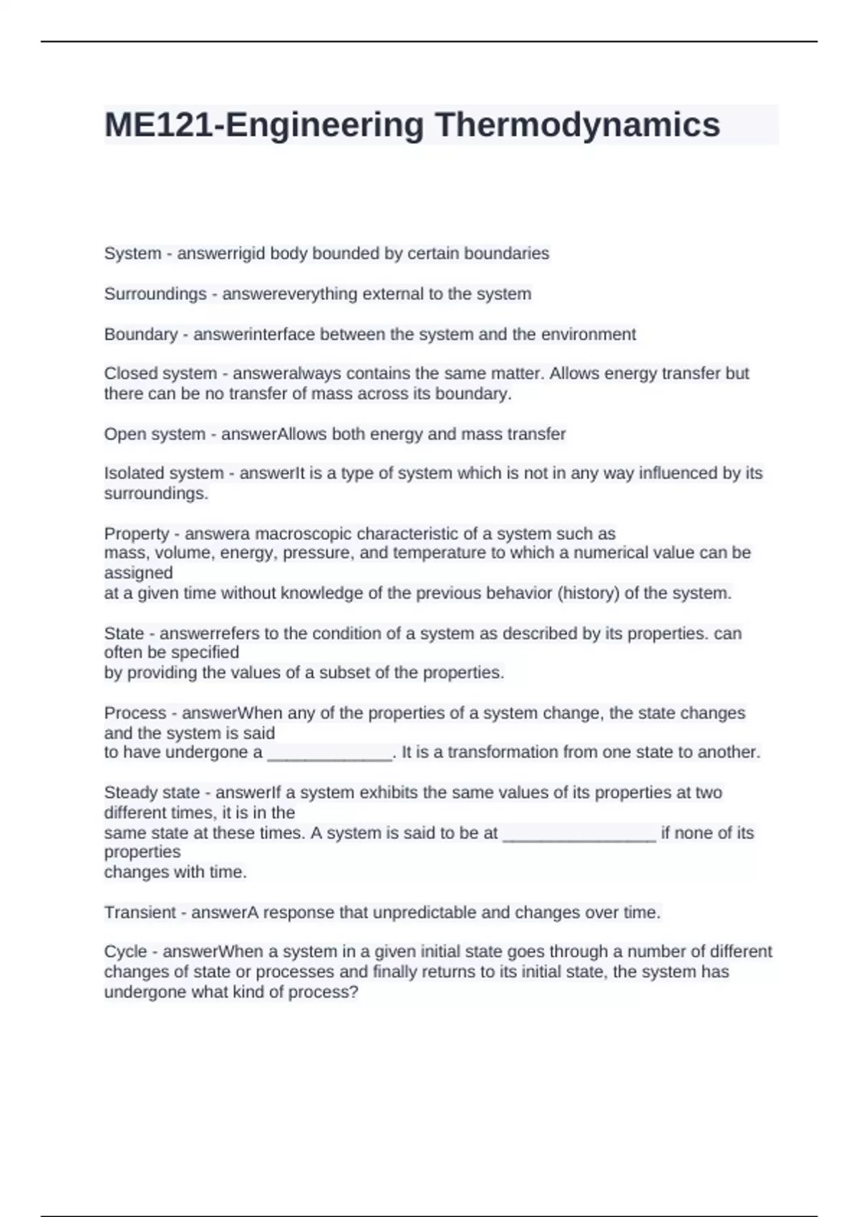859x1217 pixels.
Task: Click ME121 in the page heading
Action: click(x=159, y=125)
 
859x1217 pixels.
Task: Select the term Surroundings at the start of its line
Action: click(x=155, y=294)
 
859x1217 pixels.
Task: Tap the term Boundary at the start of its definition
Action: click(x=141, y=334)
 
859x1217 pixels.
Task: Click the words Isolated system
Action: click(x=164, y=473)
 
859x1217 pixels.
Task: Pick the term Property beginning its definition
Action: click(x=137, y=533)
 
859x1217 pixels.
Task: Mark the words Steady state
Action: click(x=152, y=792)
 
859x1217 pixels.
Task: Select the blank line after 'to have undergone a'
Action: click(x=330, y=753)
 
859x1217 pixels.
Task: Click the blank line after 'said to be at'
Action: click(x=579, y=833)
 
